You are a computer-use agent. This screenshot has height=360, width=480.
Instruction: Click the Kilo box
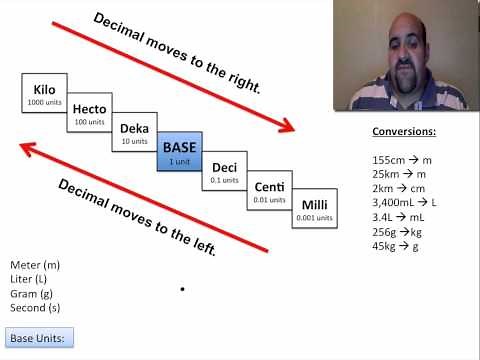[44, 93]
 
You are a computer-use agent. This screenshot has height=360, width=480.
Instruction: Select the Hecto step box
[89, 112]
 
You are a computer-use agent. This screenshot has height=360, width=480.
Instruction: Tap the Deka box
[134, 133]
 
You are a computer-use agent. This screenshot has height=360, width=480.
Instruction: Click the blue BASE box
[181, 152]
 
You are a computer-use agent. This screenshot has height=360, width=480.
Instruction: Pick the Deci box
[223, 172]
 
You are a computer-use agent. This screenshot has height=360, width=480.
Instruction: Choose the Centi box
[269, 191]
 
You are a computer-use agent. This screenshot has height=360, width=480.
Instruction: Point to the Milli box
[313, 210]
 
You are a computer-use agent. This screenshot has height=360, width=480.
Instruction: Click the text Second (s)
[36, 307]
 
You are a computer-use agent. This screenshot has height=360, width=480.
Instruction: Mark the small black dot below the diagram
[182, 289]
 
